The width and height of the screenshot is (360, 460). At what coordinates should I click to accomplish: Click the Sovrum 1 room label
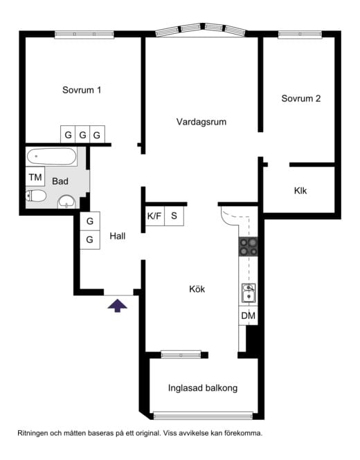click(x=82, y=90)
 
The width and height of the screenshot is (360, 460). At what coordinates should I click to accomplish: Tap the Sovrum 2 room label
click(x=301, y=98)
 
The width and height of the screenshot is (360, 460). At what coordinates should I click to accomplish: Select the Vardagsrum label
click(x=201, y=122)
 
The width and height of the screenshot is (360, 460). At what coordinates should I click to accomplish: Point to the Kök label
click(x=197, y=289)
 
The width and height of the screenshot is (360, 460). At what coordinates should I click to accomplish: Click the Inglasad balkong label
click(x=203, y=388)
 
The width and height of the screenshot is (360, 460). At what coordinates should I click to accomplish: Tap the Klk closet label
click(x=300, y=191)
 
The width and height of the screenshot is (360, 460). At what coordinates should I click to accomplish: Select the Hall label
click(x=118, y=236)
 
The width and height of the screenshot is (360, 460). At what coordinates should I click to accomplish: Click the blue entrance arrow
click(x=118, y=305)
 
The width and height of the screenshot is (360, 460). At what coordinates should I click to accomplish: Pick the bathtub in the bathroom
click(x=52, y=156)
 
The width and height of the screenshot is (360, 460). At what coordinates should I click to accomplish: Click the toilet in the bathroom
click(x=36, y=196)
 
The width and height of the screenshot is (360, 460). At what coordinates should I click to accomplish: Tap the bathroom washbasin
click(x=66, y=202)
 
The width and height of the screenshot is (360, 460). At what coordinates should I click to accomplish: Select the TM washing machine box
click(x=35, y=176)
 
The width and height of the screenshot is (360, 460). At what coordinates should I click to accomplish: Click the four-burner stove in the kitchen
click(x=248, y=247)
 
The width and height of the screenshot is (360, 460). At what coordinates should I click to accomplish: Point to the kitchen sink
click(x=249, y=293)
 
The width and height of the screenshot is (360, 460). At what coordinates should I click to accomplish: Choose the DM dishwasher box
click(x=248, y=315)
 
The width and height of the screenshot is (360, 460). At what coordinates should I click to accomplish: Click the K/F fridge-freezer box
click(x=155, y=217)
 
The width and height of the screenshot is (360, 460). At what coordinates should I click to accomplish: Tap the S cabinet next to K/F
click(x=174, y=217)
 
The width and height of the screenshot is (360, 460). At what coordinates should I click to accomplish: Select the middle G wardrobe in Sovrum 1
click(x=83, y=135)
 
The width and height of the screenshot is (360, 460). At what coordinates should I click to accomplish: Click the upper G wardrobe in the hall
click(x=90, y=221)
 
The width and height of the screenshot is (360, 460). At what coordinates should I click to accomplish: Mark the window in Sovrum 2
click(x=300, y=35)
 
